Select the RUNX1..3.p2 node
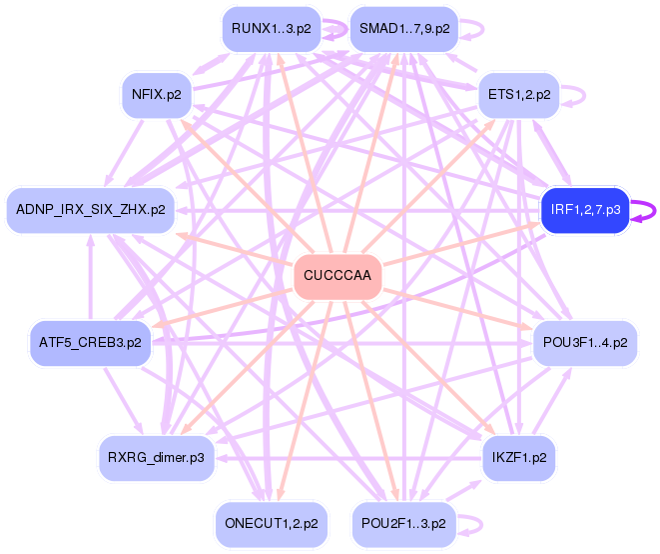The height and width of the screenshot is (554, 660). [271, 29]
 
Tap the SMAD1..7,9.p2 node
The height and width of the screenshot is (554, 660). [403, 29]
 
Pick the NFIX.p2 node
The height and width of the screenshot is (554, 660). [156, 95]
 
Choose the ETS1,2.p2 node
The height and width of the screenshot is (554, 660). [518, 95]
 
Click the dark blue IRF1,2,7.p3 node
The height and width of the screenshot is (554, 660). [585, 210]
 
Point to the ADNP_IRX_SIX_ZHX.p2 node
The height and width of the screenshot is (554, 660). [90, 210]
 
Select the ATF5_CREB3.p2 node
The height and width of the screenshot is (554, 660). [90, 343]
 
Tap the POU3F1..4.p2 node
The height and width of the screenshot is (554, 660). [585, 343]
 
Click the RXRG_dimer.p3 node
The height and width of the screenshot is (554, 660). [156, 458]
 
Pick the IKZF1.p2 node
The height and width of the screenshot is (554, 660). [518, 458]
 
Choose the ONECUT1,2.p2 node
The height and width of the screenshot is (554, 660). [271, 523]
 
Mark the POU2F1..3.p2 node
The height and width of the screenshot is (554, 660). [403, 523]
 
